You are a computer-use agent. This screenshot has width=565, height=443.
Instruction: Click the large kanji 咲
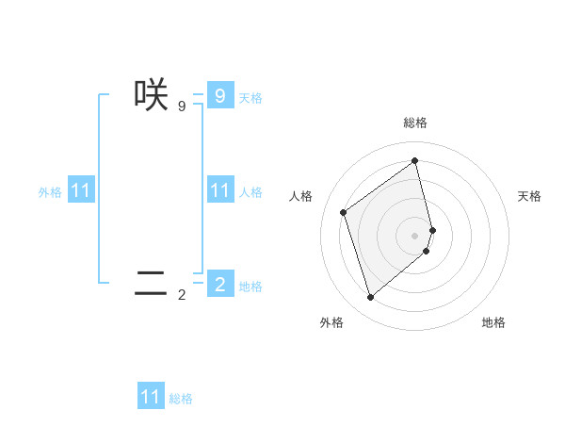point(151,95)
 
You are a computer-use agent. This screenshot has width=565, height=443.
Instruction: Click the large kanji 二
point(151,283)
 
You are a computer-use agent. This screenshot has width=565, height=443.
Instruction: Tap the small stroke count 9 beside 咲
point(182,107)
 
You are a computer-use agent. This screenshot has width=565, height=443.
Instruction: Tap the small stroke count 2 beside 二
point(182,295)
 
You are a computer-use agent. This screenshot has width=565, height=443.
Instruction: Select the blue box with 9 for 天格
point(219,95)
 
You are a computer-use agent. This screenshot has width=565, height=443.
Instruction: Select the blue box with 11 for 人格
point(219,190)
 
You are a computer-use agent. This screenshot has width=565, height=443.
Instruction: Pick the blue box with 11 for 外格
point(81,190)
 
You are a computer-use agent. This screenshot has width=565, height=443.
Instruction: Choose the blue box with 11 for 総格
point(151,397)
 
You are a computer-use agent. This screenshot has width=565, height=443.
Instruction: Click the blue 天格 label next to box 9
point(250,97)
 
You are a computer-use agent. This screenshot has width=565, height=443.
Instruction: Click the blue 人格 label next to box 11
point(250,192)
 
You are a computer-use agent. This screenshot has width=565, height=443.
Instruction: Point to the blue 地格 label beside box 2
point(250,286)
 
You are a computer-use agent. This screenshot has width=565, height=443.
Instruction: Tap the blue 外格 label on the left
point(50,192)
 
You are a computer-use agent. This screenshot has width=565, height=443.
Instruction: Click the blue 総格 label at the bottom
point(181,399)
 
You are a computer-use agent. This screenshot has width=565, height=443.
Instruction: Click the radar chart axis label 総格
point(415,123)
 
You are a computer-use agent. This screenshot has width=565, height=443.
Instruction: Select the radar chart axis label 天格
point(529,196)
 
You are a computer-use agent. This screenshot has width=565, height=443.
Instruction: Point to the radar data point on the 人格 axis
point(344,212)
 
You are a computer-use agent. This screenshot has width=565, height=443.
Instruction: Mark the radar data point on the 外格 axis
point(370,298)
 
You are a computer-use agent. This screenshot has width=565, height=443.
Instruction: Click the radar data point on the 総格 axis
point(415,160)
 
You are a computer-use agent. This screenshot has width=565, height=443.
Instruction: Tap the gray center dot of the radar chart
point(415,235)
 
